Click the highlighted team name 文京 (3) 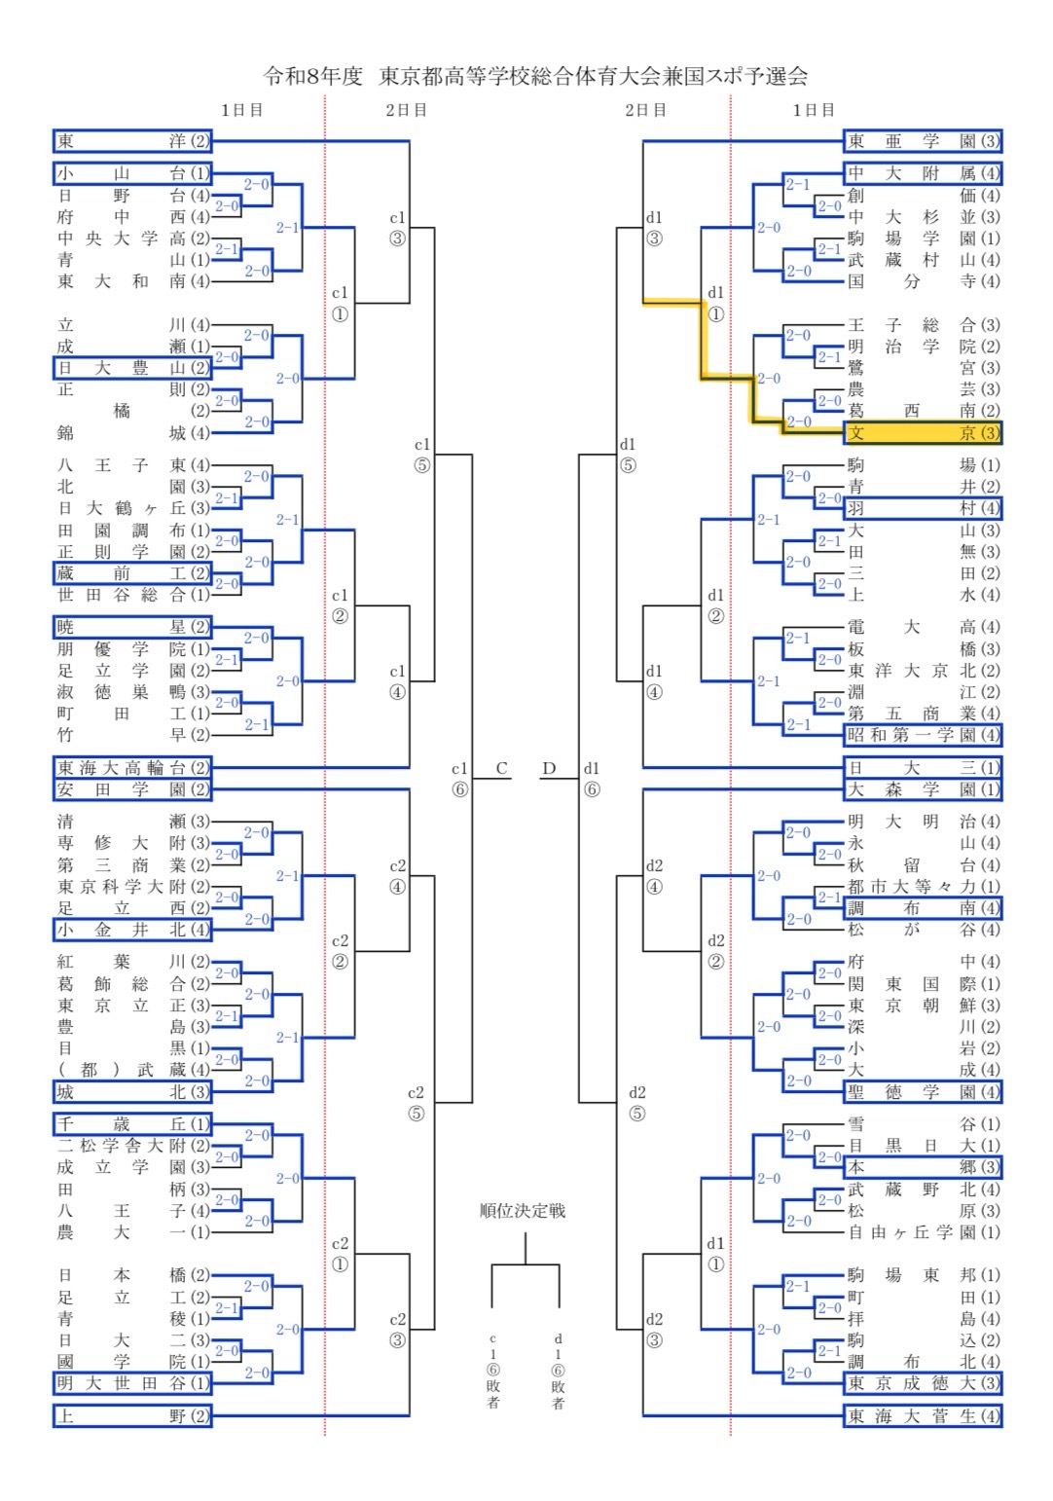coord(923,433)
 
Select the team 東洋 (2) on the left coord(132,141)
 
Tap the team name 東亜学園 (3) coord(923,141)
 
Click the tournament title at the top coord(535,76)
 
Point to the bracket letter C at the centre coord(501,768)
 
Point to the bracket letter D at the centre coord(549,768)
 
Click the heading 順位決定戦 coord(523,1211)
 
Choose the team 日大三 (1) coord(923,768)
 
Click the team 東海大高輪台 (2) coord(132,768)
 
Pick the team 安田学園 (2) coord(132,789)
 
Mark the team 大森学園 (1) coord(923,789)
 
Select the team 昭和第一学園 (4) coord(923,735)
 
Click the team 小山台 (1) coord(132,173)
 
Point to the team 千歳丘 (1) coord(132,1124)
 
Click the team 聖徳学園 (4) coord(923,1092)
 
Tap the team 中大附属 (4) coord(923,173)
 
